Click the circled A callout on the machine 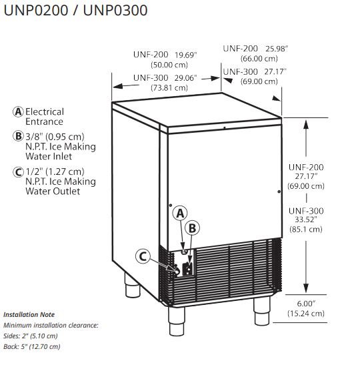click(180, 214)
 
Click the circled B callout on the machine click(192, 228)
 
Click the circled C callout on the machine click(143, 256)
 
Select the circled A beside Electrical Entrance click(18, 112)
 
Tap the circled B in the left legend click(18, 136)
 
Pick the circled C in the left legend click(18, 171)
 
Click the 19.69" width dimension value click(186, 55)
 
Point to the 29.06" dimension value click(186, 78)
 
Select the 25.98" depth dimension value click(277, 49)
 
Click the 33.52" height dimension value click(306, 220)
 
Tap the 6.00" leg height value click(306, 304)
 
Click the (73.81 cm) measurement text click(169, 87)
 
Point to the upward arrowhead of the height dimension click(306, 124)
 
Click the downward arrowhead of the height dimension click(306, 288)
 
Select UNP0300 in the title click(115, 11)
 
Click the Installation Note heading click(29, 315)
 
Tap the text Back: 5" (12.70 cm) click(32, 346)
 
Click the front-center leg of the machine click(177, 321)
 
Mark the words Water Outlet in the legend click(53, 191)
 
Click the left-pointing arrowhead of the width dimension click(118, 86)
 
